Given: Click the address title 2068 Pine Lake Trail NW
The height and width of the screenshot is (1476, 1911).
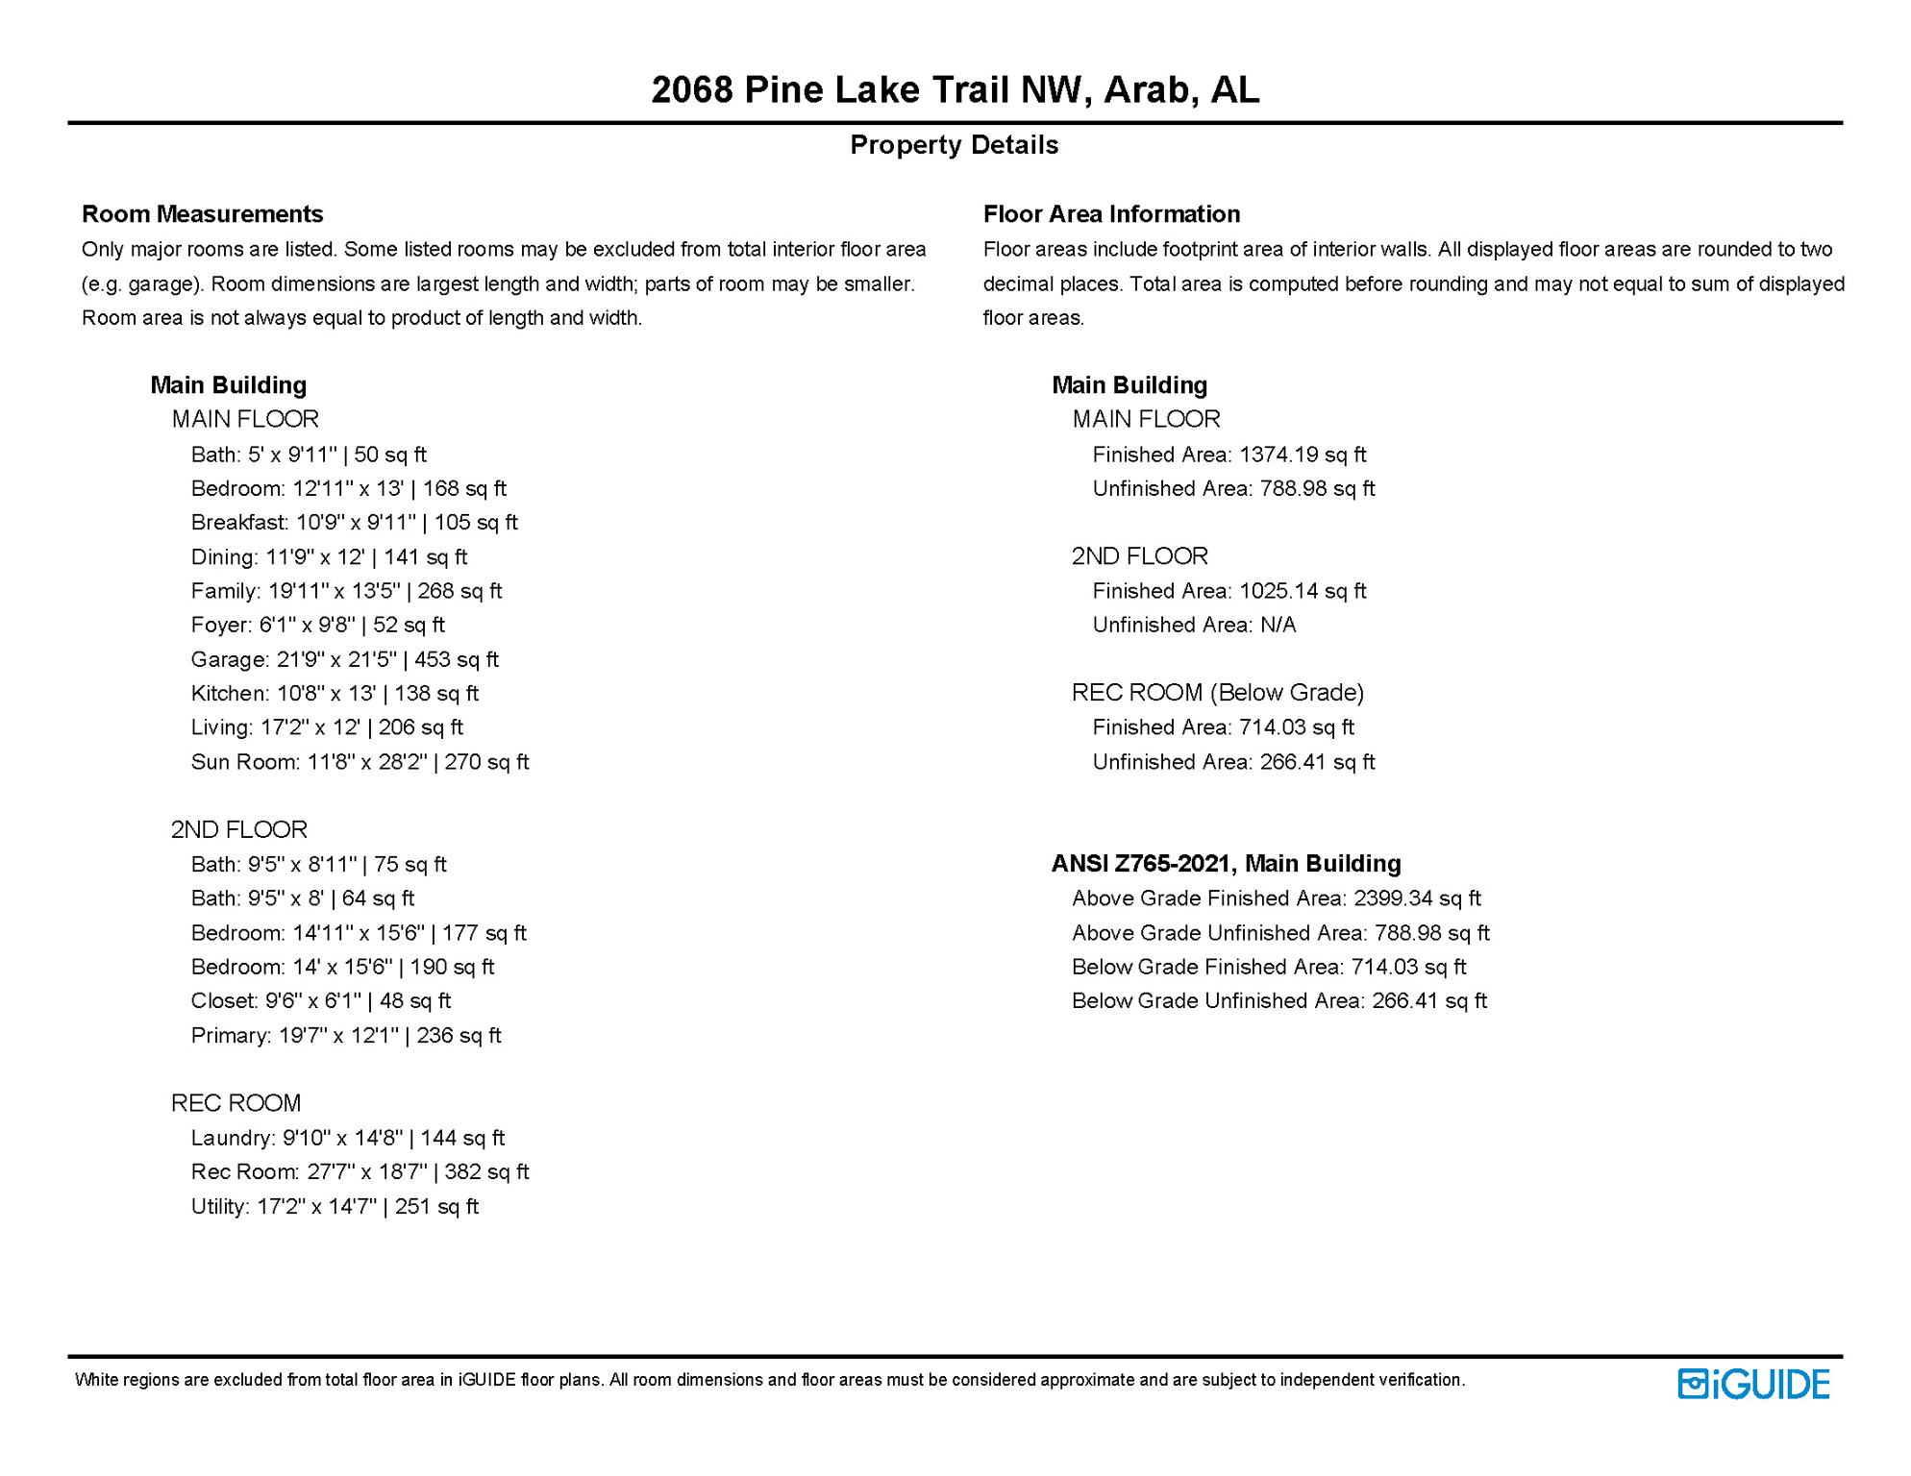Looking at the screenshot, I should coord(955,90).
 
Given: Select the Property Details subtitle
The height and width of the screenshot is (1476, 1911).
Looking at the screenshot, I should coord(954,145).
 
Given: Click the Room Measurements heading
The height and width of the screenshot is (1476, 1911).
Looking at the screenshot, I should coord(202,213).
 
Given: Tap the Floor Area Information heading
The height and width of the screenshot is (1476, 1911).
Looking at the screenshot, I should coord(1111,213).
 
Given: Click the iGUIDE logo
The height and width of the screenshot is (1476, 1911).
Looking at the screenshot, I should coord(1753,1384).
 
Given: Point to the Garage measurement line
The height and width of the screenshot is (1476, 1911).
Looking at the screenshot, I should coord(344,659).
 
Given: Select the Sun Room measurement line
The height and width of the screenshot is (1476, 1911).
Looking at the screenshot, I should coord(360,762).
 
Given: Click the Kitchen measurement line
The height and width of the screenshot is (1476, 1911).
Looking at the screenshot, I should coord(335,694).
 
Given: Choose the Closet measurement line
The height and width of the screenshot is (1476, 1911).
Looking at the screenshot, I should coord(320,1001).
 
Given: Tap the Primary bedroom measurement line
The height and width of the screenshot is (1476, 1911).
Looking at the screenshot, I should coord(346,1036).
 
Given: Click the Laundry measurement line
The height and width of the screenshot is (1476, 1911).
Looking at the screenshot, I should coord(347,1138).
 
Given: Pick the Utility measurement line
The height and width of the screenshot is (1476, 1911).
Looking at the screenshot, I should coord(335,1207).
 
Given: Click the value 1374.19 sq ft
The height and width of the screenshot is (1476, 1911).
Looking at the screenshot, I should coord(1303,455).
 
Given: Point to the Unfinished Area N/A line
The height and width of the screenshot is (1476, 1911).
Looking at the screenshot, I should coord(1194,626).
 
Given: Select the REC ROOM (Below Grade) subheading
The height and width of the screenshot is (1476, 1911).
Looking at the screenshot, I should coord(1218,693).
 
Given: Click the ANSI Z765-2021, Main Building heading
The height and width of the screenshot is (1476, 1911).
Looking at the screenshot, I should coord(1226,864).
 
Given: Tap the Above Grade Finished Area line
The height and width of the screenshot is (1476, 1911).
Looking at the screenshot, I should coord(1276,898).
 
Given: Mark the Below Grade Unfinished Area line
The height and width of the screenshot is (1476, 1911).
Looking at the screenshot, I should coord(1278,1001).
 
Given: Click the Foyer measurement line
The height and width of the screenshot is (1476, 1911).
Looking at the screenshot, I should coord(317,626).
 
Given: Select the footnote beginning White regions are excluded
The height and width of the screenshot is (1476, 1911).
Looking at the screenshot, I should coord(769,1380).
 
